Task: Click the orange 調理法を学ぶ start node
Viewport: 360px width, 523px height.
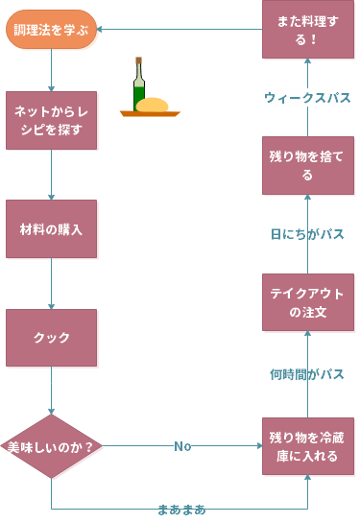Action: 52,29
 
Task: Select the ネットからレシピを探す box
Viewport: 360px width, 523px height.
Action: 51,120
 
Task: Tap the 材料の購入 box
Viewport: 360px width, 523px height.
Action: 51,228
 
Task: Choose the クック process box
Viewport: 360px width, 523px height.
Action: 51,337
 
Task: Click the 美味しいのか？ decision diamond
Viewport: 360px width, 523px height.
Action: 51,446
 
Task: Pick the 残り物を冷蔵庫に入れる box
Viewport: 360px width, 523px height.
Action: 308,446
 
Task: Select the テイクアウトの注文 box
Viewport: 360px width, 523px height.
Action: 308,302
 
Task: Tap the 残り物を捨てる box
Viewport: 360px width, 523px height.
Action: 308,165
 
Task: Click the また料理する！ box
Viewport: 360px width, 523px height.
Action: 308,29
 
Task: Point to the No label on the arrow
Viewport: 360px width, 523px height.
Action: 182,446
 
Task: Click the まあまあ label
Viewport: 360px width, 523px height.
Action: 181,509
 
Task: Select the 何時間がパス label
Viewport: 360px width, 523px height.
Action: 307,374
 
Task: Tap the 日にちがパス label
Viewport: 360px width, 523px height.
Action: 307,233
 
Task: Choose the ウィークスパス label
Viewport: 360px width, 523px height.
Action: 307,97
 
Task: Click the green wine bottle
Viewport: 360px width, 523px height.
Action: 139,88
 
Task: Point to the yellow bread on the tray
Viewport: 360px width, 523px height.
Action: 154,105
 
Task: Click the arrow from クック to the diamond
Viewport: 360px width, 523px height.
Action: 51,390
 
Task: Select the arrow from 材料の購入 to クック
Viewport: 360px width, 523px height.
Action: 51,283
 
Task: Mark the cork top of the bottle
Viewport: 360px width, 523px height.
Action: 139,60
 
